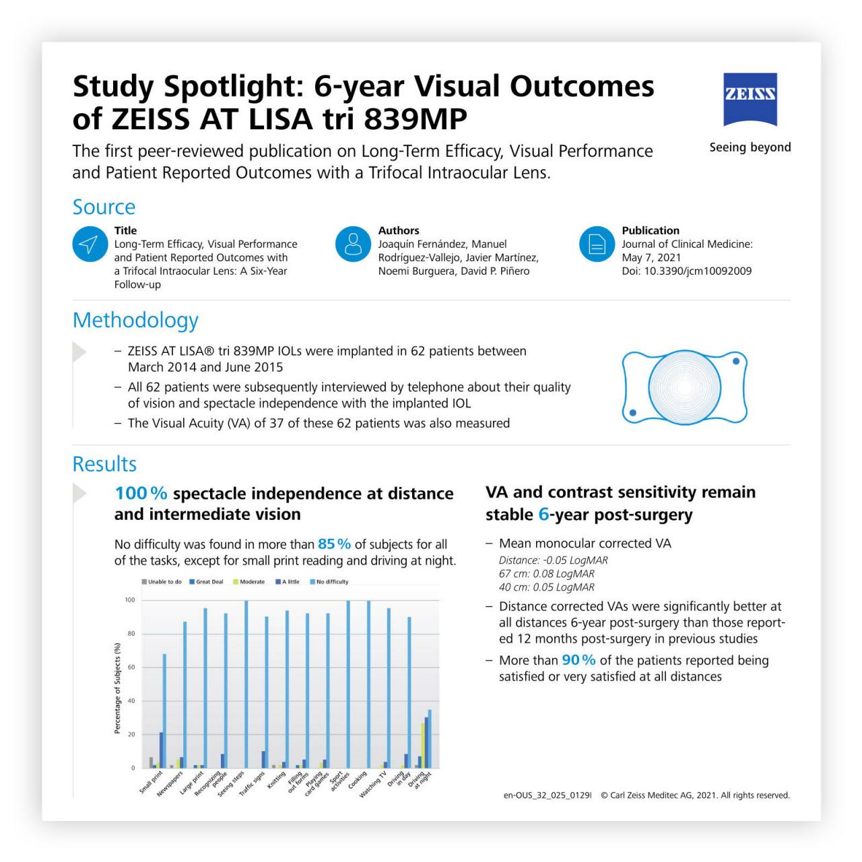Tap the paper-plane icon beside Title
coord(90,244)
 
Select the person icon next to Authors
coord(353,244)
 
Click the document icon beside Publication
coord(597,244)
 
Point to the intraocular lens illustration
coord(684,387)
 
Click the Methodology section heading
coord(135,320)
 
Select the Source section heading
coord(104,207)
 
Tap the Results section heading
coord(104,464)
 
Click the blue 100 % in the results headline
coord(141,494)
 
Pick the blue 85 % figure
coord(334,544)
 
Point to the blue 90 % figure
coord(578,661)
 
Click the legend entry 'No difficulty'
coord(329,582)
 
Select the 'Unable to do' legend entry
coord(162,582)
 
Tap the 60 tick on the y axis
coord(131,667)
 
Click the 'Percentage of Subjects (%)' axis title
coord(117,688)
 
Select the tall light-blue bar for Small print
coord(164,710)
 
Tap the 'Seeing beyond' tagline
coord(750,147)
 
